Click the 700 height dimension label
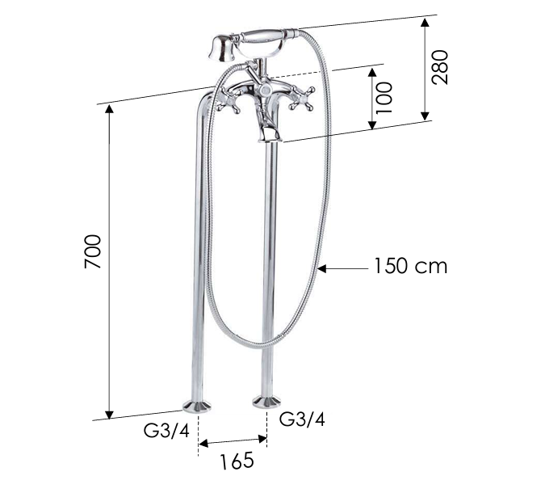(93, 252)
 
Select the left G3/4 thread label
(166, 430)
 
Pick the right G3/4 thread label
(303, 419)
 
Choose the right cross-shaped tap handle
(304, 99)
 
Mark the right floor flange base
(267, 400)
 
